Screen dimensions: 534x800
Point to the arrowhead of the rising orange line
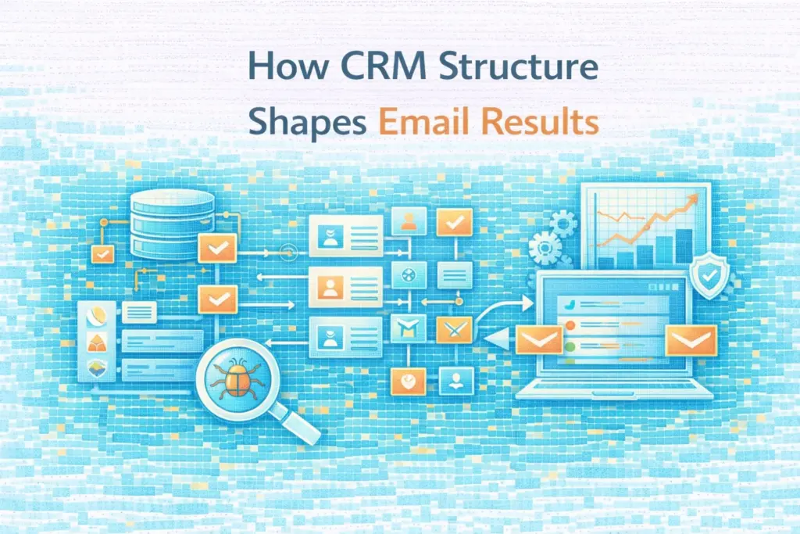691,205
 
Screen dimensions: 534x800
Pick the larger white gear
544,249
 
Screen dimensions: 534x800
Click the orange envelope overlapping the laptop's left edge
540,339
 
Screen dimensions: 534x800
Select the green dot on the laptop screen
571,344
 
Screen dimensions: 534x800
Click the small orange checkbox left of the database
102,253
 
